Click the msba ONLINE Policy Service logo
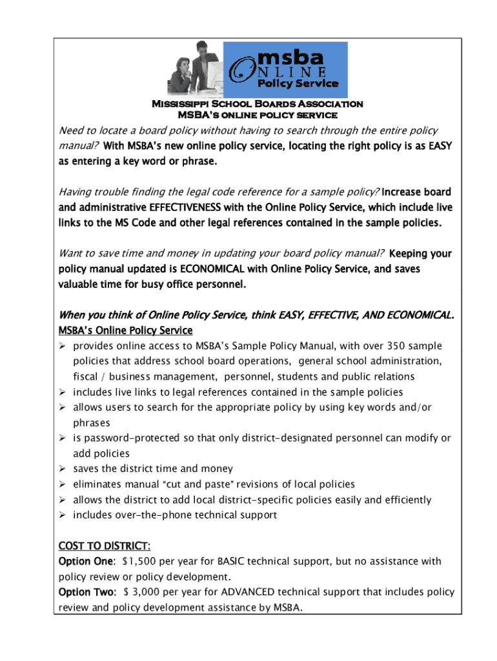(x=285, y=69)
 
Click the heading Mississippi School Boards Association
(x=257, y=103)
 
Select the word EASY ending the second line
(x=437, y=146)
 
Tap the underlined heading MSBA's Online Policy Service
(x=125, y=331)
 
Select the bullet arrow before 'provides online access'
(x=63, y=346)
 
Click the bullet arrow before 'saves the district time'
(x=63, y=469)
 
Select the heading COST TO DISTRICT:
(x=105, y=546)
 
